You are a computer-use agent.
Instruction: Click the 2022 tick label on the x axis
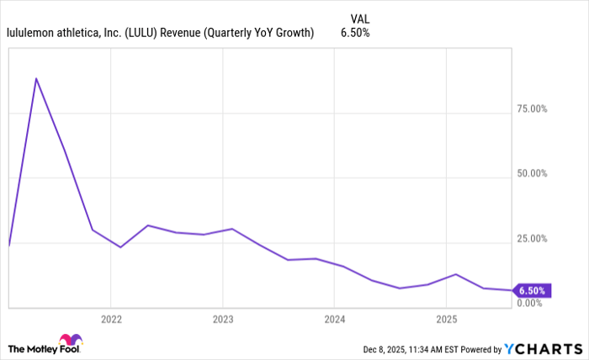click(111, 320)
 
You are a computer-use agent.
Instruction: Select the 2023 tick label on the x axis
click(223, 320)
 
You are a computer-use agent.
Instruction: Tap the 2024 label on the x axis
click(334, 320)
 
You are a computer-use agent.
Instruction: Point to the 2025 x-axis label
click(446, 320)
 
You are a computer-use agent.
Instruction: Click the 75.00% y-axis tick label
click(531, 109)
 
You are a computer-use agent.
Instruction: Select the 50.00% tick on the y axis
click(531, 173)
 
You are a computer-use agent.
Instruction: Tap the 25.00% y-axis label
click(531, 238)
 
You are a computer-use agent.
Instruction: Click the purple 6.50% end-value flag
click(531, 291)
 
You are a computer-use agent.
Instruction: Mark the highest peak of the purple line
click(36, 78)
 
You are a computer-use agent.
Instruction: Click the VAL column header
click(358, 18)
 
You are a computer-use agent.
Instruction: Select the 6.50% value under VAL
click(354, 33)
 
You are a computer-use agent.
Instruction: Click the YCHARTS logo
click(543, 348)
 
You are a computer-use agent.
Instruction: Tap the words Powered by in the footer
click(477, 348)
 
